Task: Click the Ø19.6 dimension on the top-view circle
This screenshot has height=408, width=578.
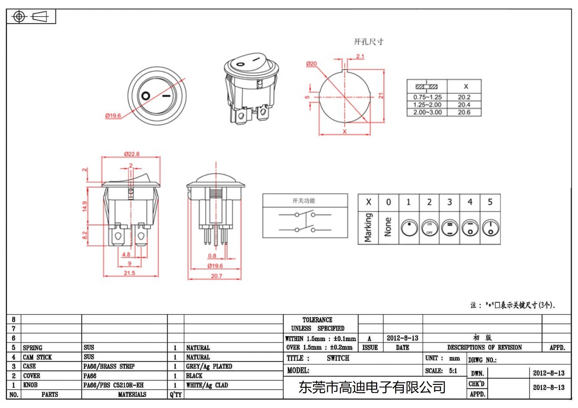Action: pos(113,116)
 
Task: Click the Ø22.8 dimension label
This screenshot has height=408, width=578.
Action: pos(131,154)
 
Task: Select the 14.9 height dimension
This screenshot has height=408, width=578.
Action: pos(85,206)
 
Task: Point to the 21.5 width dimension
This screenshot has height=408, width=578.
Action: pos(129,273)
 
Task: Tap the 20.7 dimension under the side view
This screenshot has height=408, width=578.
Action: pos(216,276)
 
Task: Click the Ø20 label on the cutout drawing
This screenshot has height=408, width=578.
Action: pos(311,64)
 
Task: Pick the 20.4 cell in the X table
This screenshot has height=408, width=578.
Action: pos(464,105)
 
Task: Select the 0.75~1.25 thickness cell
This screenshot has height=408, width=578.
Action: pos(427,97)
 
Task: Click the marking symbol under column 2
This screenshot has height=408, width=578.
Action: pos(430,228)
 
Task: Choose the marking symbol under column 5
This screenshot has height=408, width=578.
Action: pos(490,228)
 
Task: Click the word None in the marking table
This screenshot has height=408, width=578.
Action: pos(388,227)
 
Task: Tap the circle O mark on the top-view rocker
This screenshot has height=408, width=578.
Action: pos(146,96)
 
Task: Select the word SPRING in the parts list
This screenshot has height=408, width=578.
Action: pos(33,348)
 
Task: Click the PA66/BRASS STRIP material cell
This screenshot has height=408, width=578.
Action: pos(109,367)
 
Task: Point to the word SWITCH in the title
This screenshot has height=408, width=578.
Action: pos(338,358)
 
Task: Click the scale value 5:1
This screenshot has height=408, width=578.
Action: pos(453,371)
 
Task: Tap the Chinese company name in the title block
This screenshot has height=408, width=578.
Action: pos(372,387)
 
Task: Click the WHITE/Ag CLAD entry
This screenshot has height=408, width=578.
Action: pos(207,385)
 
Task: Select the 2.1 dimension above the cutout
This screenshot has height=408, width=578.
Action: pos(360,56)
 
